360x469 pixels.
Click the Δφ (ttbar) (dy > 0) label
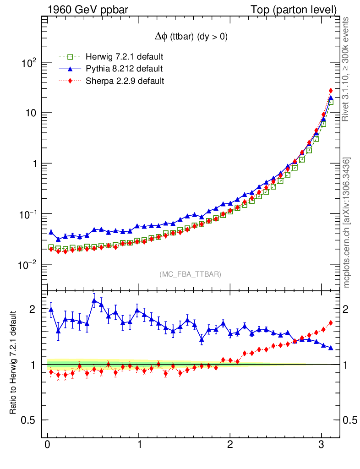coord(191,37)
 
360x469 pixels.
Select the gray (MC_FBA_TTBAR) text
coord(191,274)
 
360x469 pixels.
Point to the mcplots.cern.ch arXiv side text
coord(347,223)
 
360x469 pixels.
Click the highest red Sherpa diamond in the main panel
coord(331,91)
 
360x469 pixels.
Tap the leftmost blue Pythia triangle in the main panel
coord(51,232)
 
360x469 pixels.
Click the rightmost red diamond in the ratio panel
coord(331,323)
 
